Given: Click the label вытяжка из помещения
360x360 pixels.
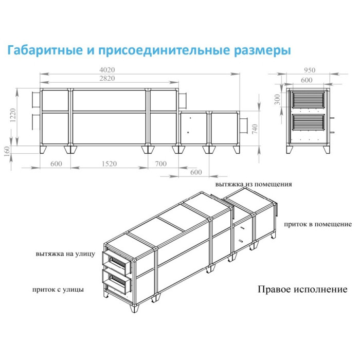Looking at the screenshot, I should click(x=254, y=184).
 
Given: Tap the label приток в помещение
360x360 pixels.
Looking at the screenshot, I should click(x=317, y=224).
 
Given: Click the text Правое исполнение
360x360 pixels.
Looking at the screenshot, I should click(x=302, y=289).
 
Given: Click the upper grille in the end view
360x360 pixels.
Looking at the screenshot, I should click(x=308, y=99).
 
